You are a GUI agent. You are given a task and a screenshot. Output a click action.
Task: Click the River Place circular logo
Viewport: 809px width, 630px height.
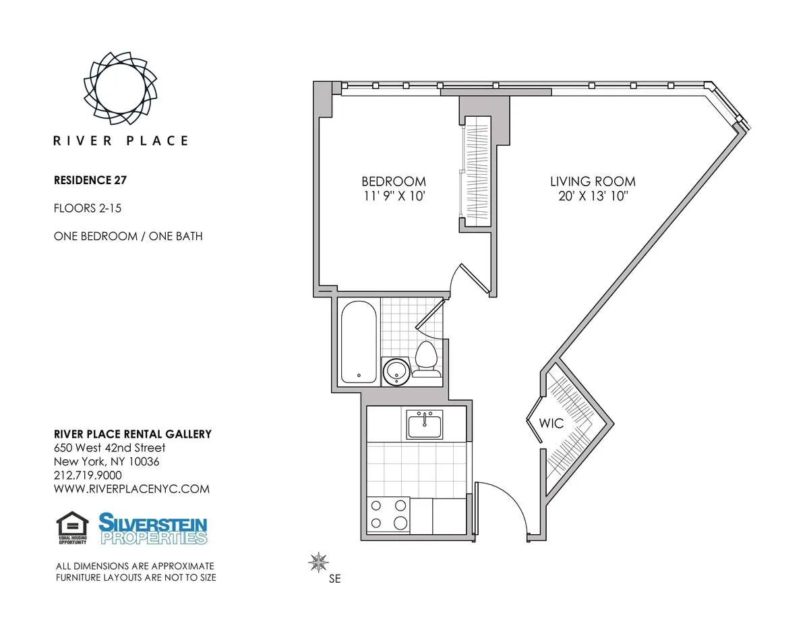[121, 88]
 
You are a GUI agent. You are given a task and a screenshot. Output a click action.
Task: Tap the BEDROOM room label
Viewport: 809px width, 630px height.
[394, 181]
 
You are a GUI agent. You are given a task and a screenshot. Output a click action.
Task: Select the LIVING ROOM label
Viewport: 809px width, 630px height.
[593, 181]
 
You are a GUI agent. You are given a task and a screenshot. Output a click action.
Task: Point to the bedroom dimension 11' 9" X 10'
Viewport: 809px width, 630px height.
[394, 196]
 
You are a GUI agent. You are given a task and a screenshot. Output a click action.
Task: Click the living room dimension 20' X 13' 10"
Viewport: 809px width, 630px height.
[593, 196]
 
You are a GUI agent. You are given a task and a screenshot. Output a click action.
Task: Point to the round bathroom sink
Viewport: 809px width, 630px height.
[395, 370]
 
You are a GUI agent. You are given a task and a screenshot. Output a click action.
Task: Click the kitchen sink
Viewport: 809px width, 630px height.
[424, 426]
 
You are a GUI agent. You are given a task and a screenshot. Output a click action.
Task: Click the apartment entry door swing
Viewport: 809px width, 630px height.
[502, 506]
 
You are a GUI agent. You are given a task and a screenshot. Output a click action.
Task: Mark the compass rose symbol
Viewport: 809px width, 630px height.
[318, 561]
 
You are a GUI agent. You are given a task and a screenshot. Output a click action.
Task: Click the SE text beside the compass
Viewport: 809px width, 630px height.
[335, 579]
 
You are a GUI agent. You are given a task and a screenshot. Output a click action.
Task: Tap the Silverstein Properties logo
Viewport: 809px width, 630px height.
[153, 529]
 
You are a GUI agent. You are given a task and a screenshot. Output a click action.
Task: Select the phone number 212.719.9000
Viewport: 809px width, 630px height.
[88, 475]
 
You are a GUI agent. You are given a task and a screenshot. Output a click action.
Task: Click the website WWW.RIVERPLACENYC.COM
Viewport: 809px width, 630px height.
[131, 489]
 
